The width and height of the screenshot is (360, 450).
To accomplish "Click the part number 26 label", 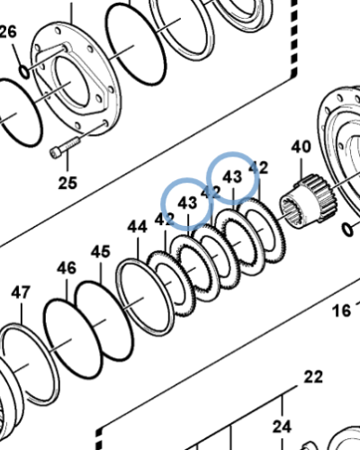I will (8, 34).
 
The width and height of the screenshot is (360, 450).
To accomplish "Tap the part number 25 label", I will (68, 184).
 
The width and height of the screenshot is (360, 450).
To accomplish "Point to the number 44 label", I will (137, 227).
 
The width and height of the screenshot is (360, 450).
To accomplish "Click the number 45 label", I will (100, 251).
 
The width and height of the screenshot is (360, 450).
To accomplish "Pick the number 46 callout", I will (67, 267).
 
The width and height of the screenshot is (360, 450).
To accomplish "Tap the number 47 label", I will (20, 292).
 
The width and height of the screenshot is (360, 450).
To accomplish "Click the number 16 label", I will (341, 310).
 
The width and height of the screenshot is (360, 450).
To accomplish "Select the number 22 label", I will (312, 376).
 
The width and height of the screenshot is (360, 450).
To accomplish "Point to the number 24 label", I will (282, 426).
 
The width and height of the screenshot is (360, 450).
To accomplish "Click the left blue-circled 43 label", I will (187, 203).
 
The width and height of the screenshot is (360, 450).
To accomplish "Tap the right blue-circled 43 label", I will (233, 177).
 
